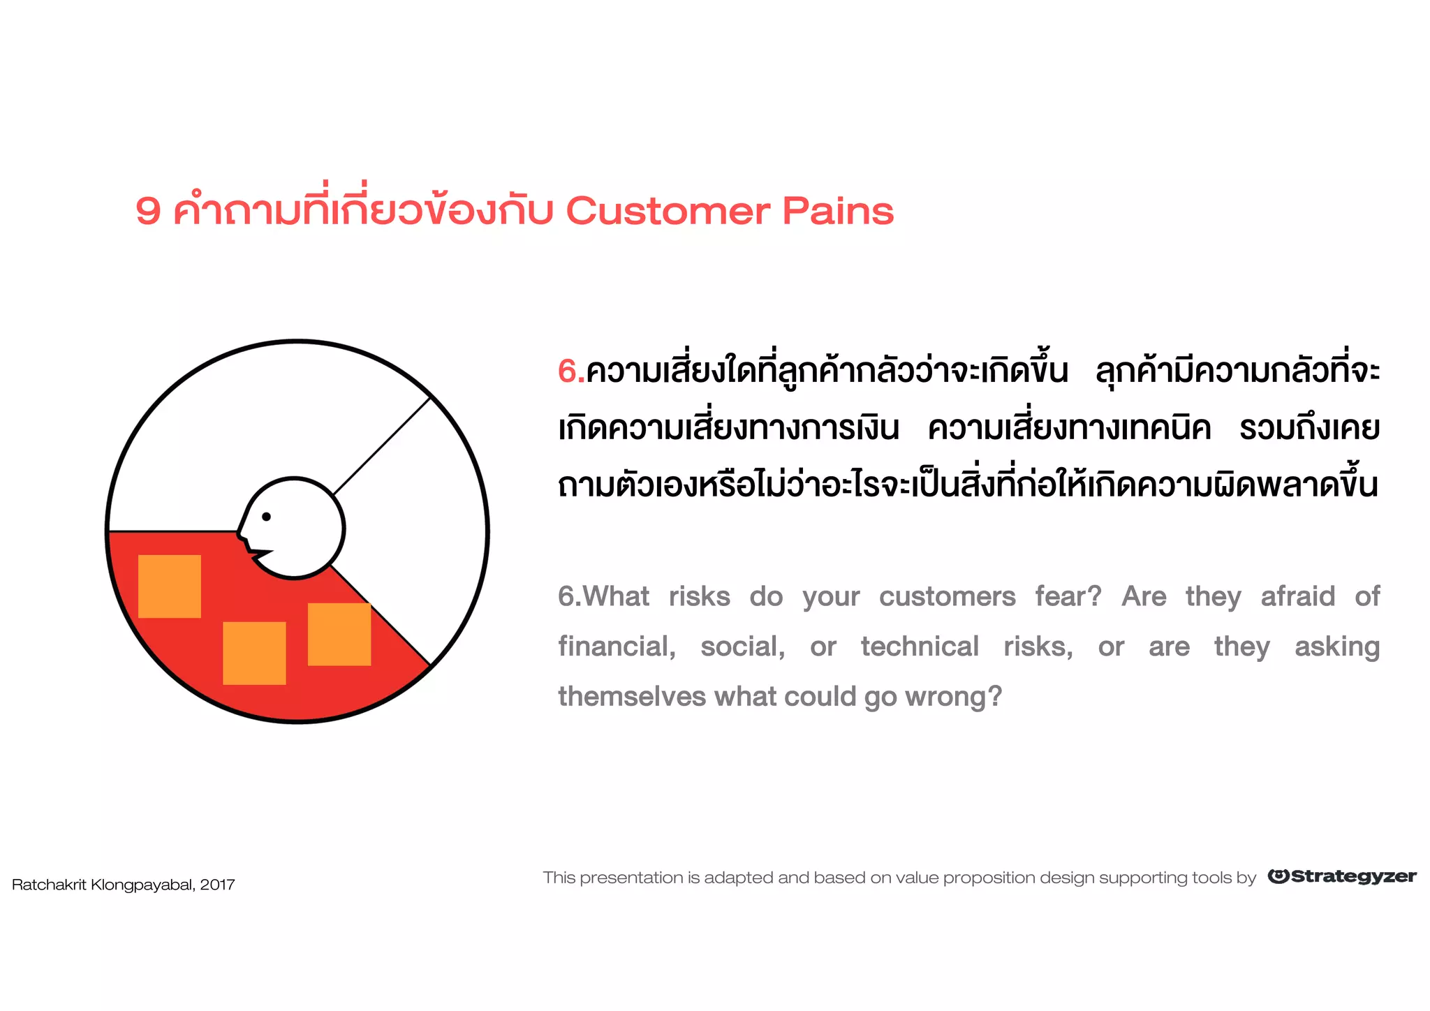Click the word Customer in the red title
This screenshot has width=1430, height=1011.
668,211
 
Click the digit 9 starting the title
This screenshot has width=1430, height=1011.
148,211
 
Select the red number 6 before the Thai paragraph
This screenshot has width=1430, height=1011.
568,371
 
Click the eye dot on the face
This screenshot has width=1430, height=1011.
266,517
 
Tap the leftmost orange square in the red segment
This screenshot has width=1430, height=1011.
170,586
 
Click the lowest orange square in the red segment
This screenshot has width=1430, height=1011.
254,653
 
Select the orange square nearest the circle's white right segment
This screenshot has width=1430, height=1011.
339,634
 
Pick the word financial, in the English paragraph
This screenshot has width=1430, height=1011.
617,647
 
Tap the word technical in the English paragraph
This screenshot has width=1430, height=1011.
919,647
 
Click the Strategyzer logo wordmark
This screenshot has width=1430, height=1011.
1352,876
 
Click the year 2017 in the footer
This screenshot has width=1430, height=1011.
217,885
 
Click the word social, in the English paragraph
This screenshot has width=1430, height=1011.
742,647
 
